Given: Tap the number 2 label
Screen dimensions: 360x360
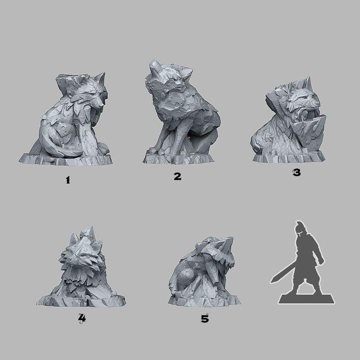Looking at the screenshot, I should click(x=177, y=176).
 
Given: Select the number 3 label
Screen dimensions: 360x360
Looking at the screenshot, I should click(x=296, y=173).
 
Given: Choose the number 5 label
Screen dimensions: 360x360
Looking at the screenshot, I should click(x=204, y=318).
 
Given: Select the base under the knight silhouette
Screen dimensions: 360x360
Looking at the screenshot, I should click(x=306, y=298).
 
